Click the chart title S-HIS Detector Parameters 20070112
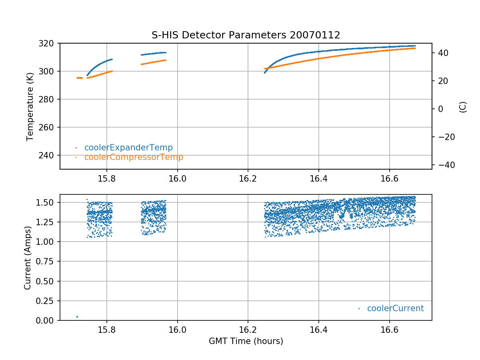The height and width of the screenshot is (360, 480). pos(246,35)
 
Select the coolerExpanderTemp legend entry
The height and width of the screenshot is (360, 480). pos(128,148)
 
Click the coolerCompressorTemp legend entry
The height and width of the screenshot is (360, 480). pos(134,157)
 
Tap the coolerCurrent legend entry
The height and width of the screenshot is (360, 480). pos(395,308)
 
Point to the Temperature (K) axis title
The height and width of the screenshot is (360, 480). pos(30,106)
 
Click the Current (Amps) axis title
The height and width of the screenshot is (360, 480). pos(28,257)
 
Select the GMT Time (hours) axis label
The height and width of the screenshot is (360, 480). pos(246,341)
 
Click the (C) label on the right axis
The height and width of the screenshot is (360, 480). pos(463,106)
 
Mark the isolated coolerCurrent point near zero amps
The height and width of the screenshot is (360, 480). pos(77,317)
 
